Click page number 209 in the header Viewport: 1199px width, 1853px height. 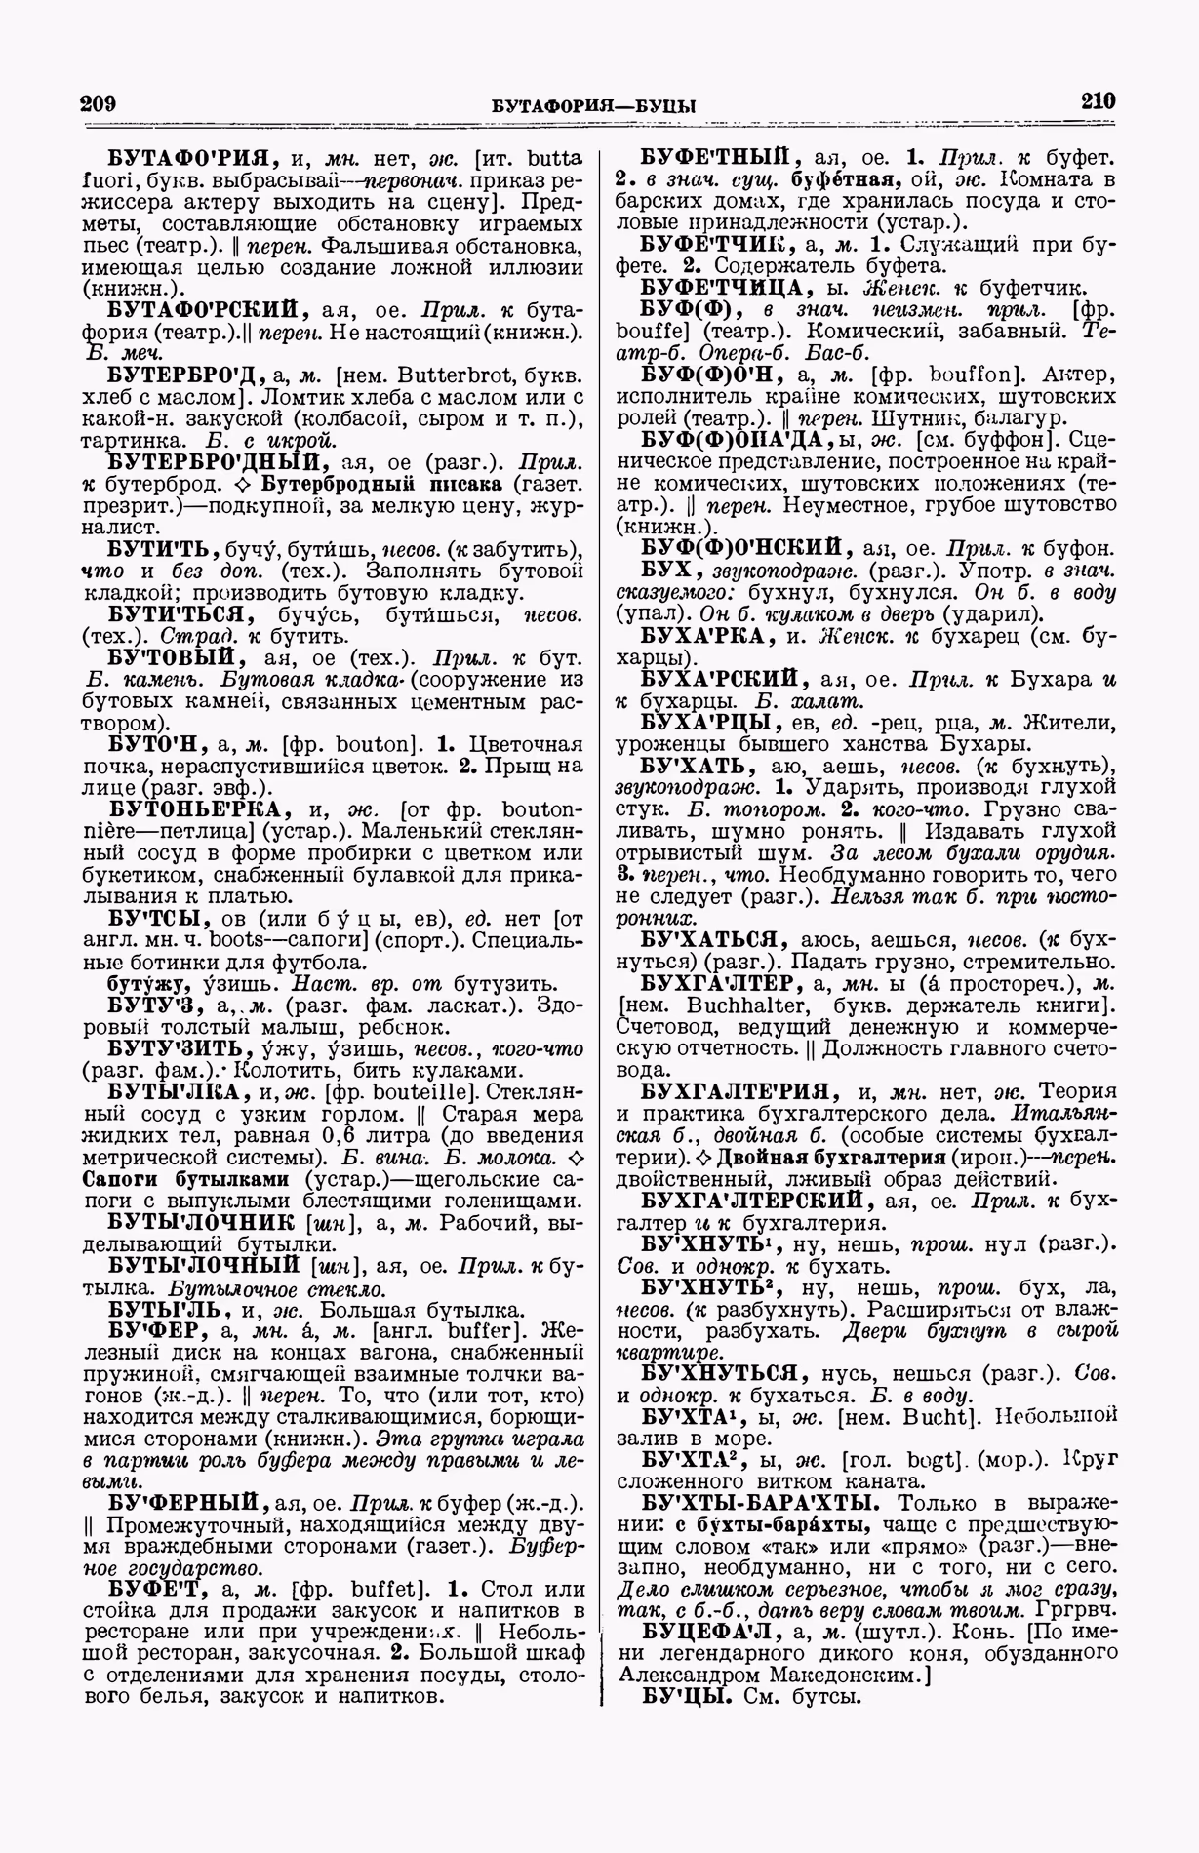pyautogui.click(x=99, y=103)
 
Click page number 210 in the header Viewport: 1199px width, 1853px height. pyautogui.click(x=1098, y=101)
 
